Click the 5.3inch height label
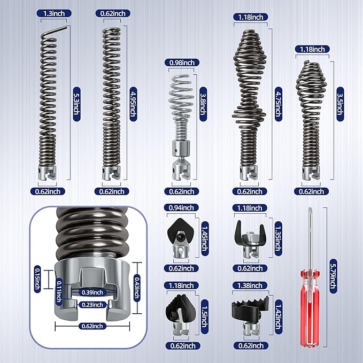click(77, 104)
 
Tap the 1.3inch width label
click(54, 13)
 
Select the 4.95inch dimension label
click(133, 104)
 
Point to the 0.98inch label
click(182, 63)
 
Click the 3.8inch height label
click(203, 104)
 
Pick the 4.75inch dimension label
click(279, 104)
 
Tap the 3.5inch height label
click(340, 104)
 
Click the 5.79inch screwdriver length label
click(333, 276)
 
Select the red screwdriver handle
click(310, 308)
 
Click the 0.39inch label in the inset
click(92, 292)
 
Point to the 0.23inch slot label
click(92, 305)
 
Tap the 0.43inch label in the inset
click(137, 288)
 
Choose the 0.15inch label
click(37, 279)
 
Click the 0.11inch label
click(59, 291)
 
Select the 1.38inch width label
click(250, 285)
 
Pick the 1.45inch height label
click(205, 238)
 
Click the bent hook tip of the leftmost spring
click(66, 27)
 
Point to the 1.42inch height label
click(279, 316)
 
